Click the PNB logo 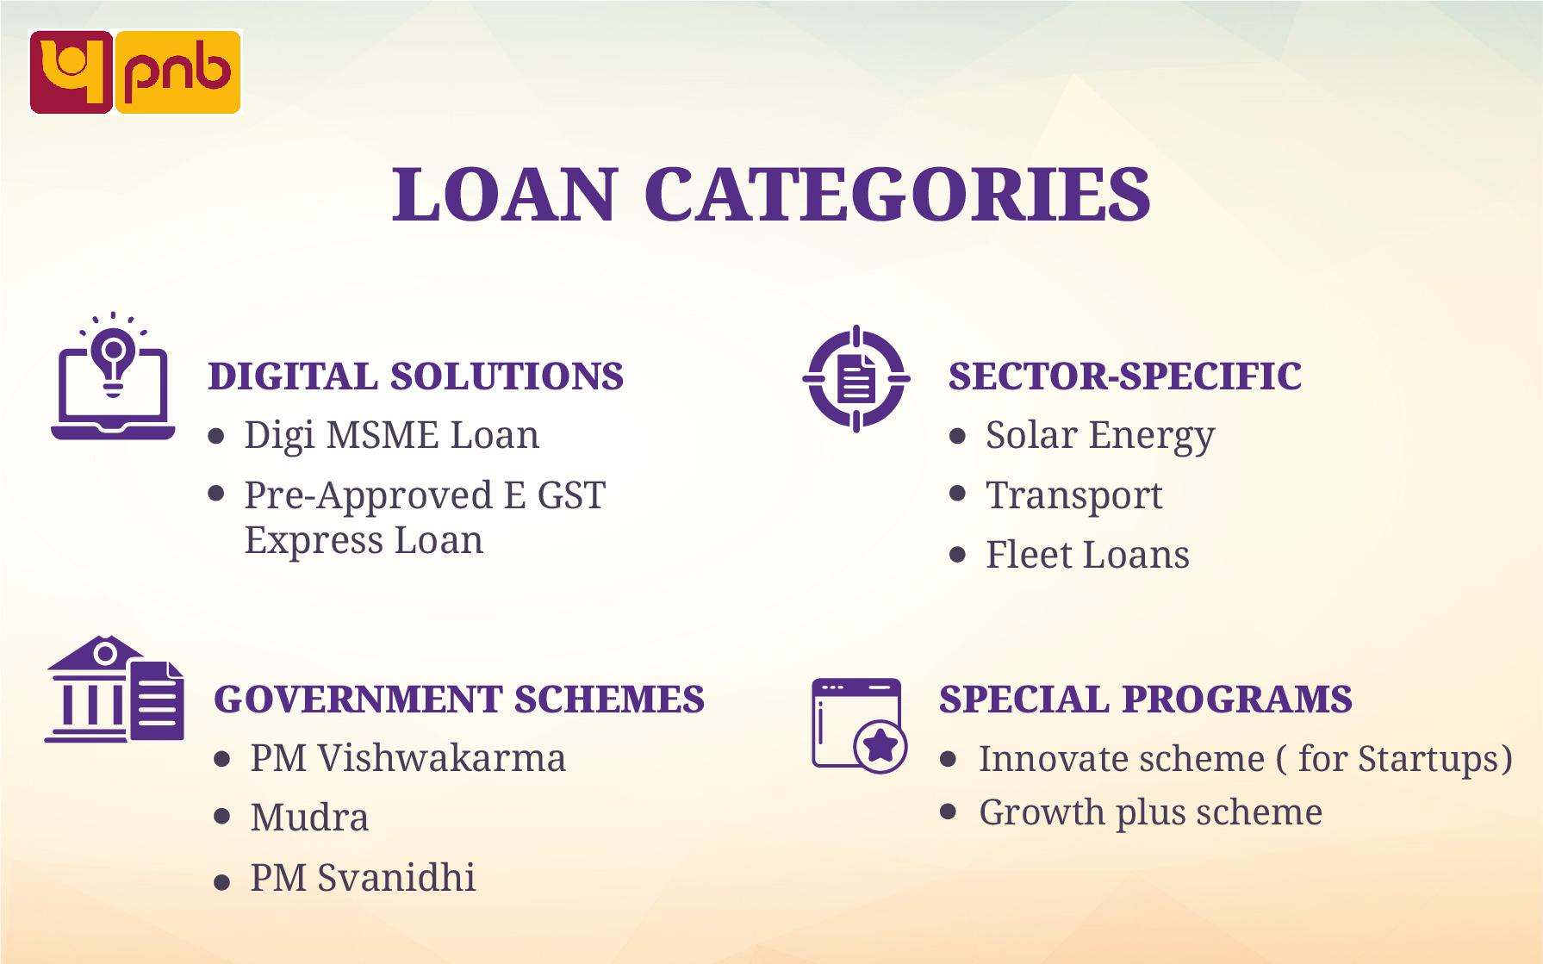[135, 72]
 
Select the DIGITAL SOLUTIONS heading [415, 376]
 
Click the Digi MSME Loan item [391, 435]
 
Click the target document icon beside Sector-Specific [855, 378]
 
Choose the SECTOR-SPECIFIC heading [1124, 376]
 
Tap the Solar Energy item [1099, 435]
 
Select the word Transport [1073, 495]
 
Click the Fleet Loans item [1086, 555]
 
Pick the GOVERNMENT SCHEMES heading [458, 699]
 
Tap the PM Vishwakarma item [408, 759]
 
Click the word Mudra [309, 818]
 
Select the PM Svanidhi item [363, 878]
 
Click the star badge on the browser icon [880, 746]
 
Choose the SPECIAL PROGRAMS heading [1145, 699]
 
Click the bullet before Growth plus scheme [949, 812]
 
